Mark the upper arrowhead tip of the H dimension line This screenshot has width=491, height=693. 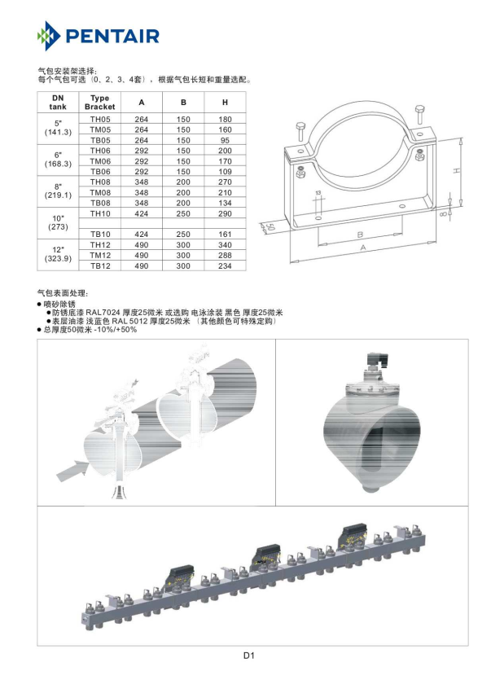(461, 138)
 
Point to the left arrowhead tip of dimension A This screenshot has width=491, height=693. (291, 260)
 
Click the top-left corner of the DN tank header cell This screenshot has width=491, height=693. (37, 92)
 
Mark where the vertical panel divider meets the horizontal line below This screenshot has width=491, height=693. (275, 506)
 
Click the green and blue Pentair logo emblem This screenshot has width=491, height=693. (49, 36)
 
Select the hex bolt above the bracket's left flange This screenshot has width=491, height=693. (300, 131)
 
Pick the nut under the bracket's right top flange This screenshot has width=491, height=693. (420, 156)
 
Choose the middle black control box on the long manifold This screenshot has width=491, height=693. (266, 553)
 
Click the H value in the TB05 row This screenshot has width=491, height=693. (225, 140)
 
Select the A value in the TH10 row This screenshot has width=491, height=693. (142, 213)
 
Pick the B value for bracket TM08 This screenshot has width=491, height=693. (183, 192)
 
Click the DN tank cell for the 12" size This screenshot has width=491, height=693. (58, 254)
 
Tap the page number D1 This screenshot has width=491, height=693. (249, 656)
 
